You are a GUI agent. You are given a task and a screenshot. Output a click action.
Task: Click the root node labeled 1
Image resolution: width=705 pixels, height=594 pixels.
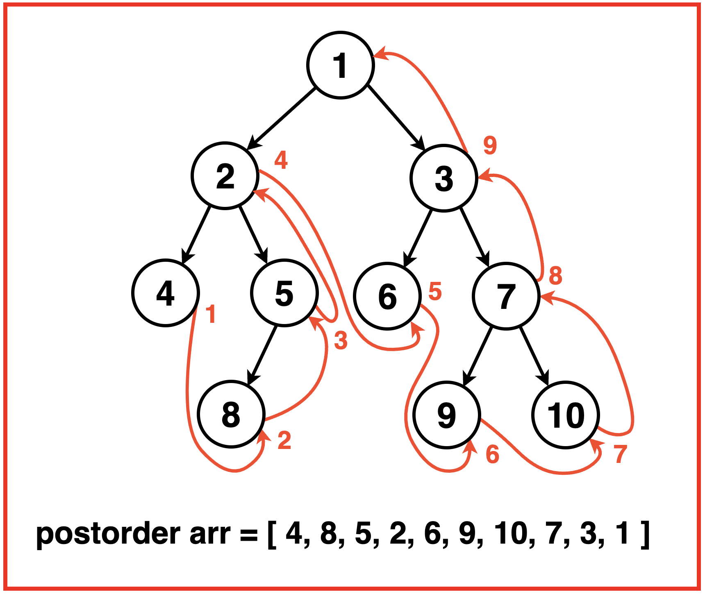(x=340, y=65)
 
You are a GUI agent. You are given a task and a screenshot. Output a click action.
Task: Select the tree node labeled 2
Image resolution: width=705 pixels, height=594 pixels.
(x=225, y=176)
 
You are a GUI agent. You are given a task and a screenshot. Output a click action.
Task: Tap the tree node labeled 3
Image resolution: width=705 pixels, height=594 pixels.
(x=444, y=178)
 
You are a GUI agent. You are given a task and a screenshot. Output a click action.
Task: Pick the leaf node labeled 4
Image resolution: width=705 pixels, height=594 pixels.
(x=166, y=293)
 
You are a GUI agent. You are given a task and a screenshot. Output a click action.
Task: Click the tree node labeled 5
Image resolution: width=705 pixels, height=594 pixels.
(x=284, y=293)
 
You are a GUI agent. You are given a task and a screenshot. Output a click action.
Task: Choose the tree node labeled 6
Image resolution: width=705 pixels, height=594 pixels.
(x=387, y=296)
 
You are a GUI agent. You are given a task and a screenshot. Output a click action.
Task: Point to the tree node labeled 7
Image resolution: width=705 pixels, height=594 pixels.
(x=506, y=296)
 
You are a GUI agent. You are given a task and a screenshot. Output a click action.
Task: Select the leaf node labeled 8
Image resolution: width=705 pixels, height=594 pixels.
(x=231, y=414)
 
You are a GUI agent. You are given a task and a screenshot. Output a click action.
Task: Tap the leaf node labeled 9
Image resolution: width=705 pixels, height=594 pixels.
(x=446, y=415)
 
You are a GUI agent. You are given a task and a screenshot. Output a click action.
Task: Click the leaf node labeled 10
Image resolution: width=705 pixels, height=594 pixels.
(x=566, y=415)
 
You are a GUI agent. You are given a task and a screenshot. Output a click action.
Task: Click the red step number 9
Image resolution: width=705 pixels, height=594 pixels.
(x=490, y=145)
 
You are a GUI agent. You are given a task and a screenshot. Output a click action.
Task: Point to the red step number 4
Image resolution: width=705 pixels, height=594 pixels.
(x=281, y=160)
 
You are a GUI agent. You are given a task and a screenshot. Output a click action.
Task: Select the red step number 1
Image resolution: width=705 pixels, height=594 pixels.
(x=211, y=315)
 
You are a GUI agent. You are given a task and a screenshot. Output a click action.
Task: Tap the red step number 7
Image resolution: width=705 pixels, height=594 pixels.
(x=621, y=454)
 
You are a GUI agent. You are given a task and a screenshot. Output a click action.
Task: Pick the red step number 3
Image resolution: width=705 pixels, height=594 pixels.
(x=341, y=340)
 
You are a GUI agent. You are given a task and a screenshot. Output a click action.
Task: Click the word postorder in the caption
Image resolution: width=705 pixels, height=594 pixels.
(x=108, y=534)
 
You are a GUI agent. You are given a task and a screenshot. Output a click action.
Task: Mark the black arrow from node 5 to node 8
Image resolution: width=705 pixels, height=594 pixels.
(x=262, y=355)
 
